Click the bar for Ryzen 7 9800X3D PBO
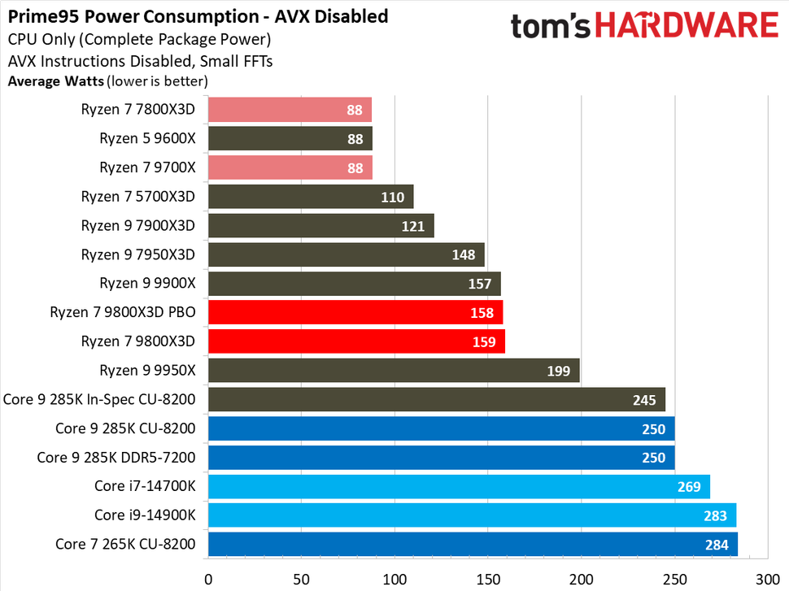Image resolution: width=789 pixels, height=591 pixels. click(x=355, y=312)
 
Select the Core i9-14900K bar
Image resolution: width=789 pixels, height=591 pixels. click(x=472, y=515)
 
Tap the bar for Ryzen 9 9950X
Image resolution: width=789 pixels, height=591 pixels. click(x=394, y=371)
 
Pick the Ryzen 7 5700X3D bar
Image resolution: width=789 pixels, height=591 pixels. click(x=311, y=196)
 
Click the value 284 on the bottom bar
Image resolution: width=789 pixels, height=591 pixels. click(x=717, y=545)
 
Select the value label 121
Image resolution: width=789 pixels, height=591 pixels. click(x=413, y=226)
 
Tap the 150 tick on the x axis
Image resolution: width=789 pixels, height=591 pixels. click(x=487, y=580)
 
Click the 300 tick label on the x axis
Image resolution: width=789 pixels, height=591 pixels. click(x=767, y=580)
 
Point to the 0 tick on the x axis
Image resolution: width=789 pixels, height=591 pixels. click(x=208, y=580)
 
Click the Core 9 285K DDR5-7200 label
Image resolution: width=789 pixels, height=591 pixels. click(x=116, y=457)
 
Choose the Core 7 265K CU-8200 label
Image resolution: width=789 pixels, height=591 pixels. click(x=125, y=544)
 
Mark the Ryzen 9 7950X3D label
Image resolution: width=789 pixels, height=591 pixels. click(x=138, y=254)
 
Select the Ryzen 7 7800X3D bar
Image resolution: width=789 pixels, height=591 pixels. click(x=290, y=109)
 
